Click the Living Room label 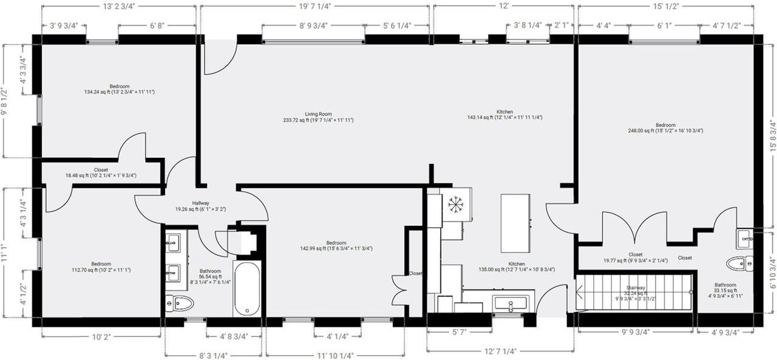coord(318,114)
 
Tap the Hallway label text coord(200,203)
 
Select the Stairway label coord(636,288)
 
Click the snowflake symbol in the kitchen coord(455,205)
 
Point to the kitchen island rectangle coord(515,223)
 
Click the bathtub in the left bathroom coord(247,288)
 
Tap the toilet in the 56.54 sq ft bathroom coord(178,302)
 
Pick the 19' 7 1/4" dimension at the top coord(314,7)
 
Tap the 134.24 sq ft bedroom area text coord(119,92)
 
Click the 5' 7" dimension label coord(458,332)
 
